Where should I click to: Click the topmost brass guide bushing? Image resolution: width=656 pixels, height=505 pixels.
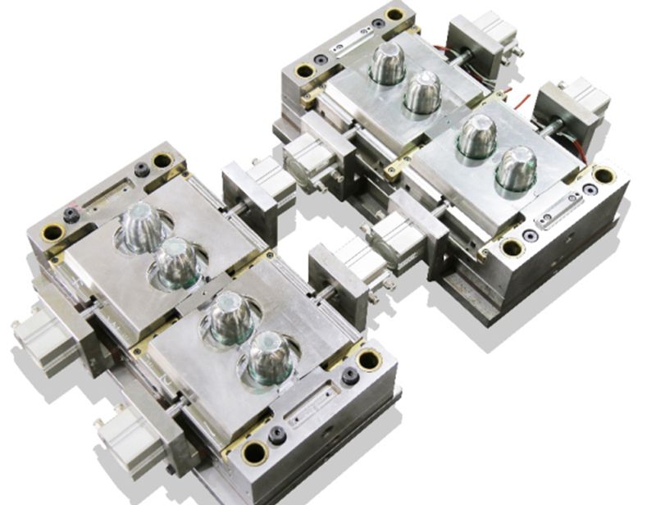pyautogui.click(x=394, y=14)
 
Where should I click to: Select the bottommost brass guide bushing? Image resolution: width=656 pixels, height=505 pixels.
pyautogui.click(x=255, y=450)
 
